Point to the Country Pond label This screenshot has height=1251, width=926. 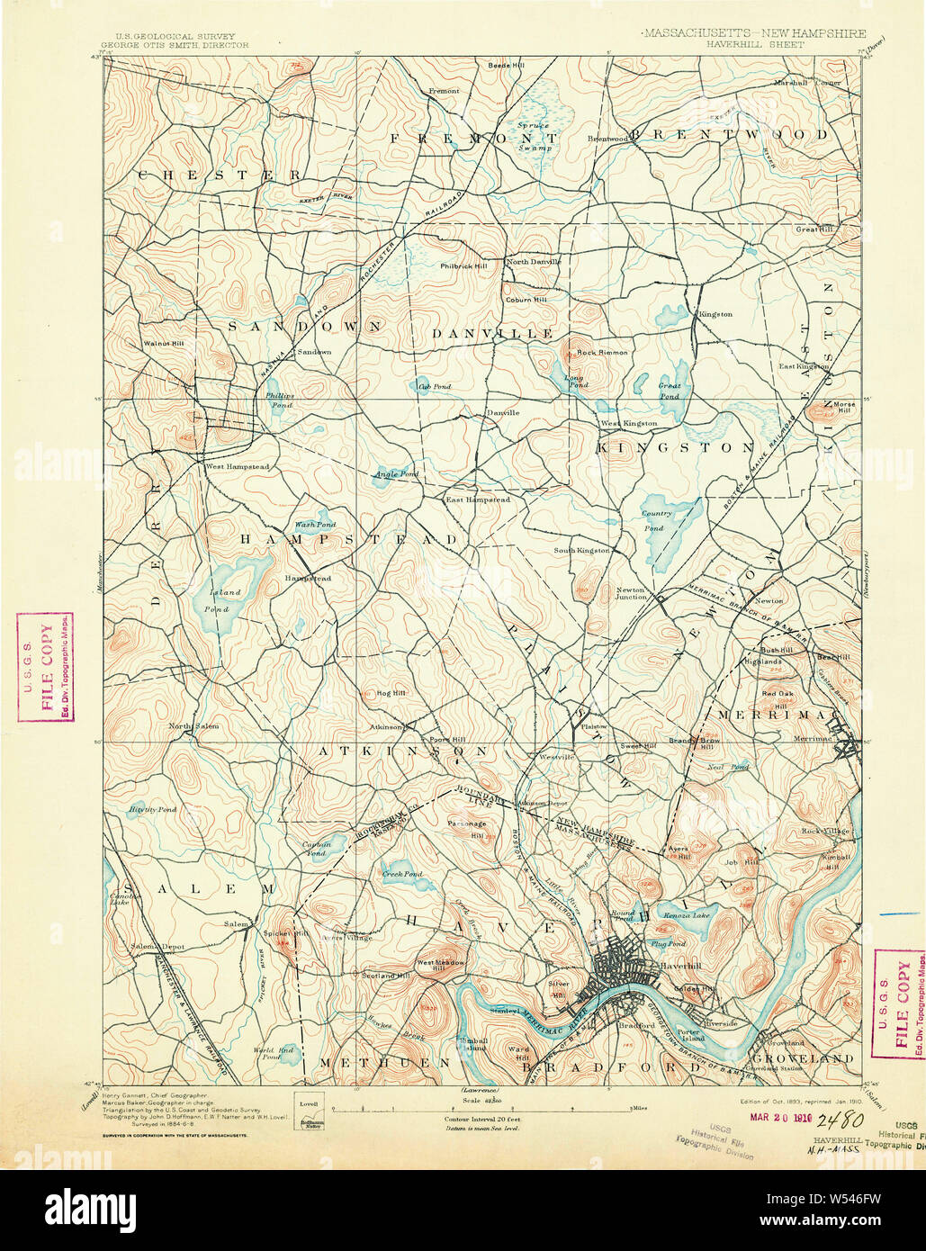click(x=656, y=520)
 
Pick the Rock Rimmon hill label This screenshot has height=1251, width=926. click(x=602, y=352)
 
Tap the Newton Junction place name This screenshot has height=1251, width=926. click(x=631, y=593)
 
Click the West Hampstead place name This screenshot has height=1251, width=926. click(x=237, y=466)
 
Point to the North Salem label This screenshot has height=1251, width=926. click(x=193, y=725)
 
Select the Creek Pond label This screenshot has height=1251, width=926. click(x=401, y=873)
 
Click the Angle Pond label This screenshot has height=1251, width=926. click(x=396, y=473)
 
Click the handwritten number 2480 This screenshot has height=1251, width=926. click(x=841, y=1120)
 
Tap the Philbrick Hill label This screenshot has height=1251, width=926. click(x=463, y=265)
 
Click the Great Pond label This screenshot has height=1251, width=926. click(x=669, y=391)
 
